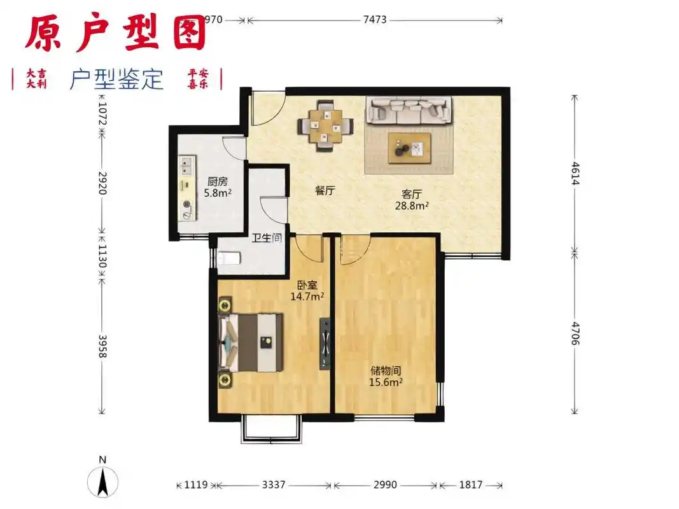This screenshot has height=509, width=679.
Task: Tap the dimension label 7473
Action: pyautogui.click(x=375, y=20)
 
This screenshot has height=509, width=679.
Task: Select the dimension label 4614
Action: pyautogui.click(x=575, y=173)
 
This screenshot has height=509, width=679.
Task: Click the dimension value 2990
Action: pyautogui.click(x=384, y=485)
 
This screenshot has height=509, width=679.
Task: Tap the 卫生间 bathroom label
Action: pyautogui.click(x=267, y=238)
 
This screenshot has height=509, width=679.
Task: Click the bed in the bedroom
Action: pyautogui.click(x=251, y=342)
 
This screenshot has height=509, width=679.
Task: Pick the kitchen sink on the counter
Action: pyautogui.click(x=187, y=167)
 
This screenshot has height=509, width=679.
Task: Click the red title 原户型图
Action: pyautogui.click(x=116, y=33)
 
